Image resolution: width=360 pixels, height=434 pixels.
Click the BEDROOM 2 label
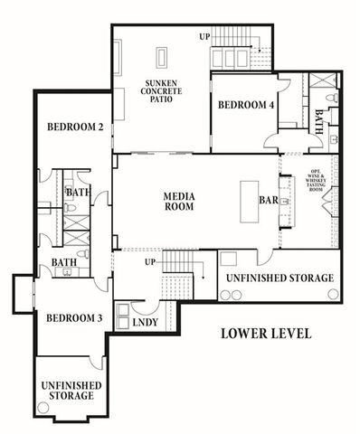pos(73,127)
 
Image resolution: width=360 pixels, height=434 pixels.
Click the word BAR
pos(268,198)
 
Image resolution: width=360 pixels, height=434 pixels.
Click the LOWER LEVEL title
pos(266,334)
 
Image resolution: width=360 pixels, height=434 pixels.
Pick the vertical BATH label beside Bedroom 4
pos(319,120)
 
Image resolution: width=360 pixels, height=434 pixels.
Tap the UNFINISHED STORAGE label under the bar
pos(279,278)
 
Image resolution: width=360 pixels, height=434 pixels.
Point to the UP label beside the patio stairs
pos(205,36)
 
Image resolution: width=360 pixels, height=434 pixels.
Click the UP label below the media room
pos(152,262)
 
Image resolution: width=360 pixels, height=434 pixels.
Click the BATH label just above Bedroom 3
pos(63,263)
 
